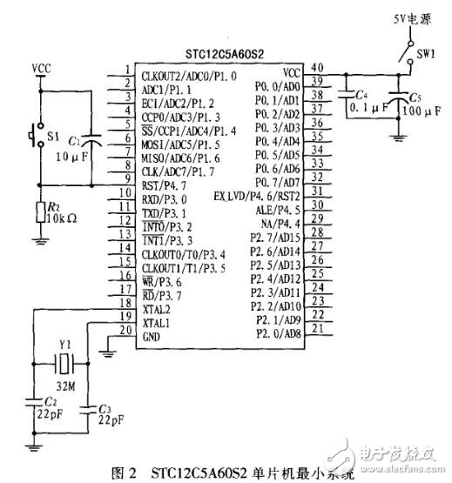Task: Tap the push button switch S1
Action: [x=36, y=137]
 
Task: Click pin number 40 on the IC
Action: [x=319, y=67]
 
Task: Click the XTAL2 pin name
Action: [x=158, y=308]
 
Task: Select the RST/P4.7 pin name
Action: [x=165, y=185]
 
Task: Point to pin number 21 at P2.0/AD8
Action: [x=319, y=328]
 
